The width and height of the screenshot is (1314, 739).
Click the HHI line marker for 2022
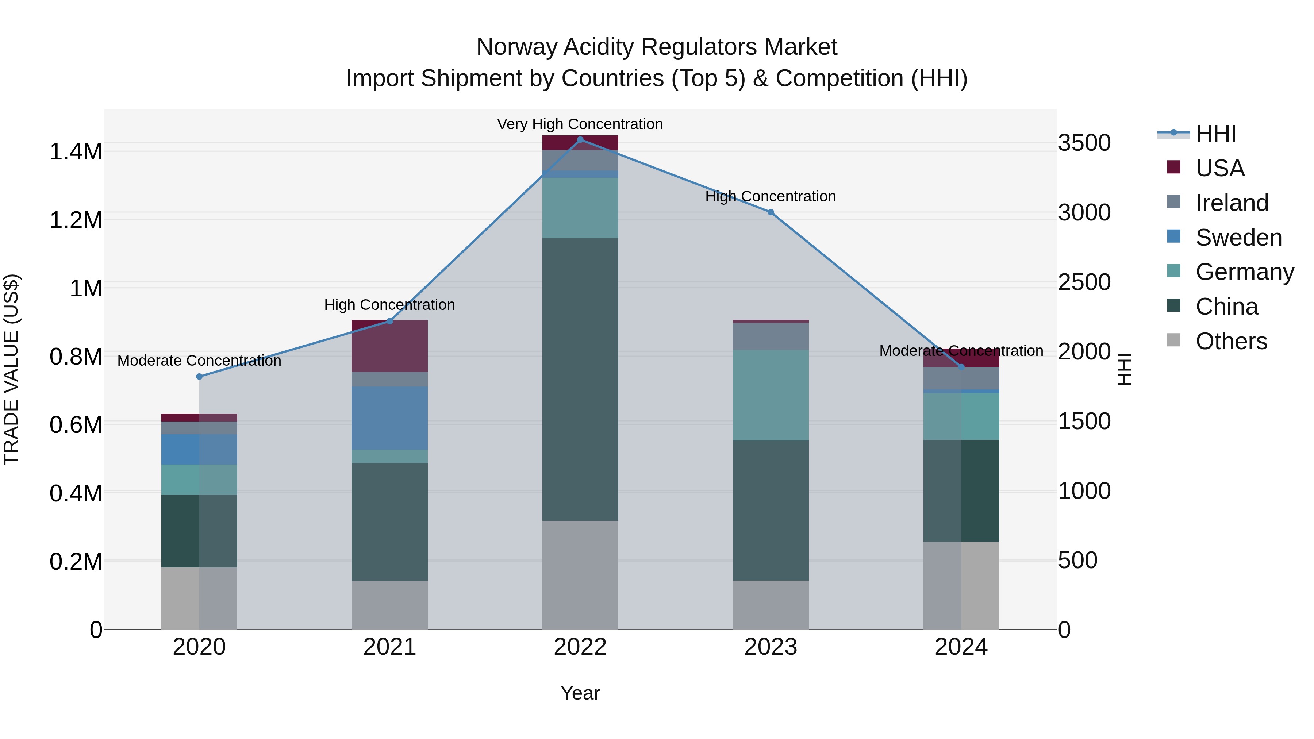click(580, 139)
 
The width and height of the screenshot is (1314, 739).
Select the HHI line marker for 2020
click(199, 376)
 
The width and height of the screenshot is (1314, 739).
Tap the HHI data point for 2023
click(771, 212)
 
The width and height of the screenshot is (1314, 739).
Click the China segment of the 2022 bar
click(580, 379)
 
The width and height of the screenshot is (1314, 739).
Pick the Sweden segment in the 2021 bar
click(390, 418)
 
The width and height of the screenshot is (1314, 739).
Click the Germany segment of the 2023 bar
click(771, 395)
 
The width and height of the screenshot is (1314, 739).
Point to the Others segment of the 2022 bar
click(580, 575)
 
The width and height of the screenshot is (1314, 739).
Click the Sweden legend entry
click(1238, 237)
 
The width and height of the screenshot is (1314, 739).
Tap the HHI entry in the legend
click(1215, 134)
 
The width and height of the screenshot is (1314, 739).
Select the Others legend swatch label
click(1231, 341)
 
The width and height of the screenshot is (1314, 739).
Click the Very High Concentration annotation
click(580, 124)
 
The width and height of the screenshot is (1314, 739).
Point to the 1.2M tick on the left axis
click(76, 220)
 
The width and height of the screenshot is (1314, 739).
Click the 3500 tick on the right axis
click(1084, 143)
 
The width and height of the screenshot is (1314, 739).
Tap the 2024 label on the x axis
click(961, 647)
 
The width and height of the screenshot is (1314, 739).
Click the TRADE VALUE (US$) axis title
click(11, 369)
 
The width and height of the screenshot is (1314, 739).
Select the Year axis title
click(580, 693)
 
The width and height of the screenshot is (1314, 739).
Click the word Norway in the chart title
click(517, 47)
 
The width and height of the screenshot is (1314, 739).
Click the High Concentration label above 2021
click(390, 304)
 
